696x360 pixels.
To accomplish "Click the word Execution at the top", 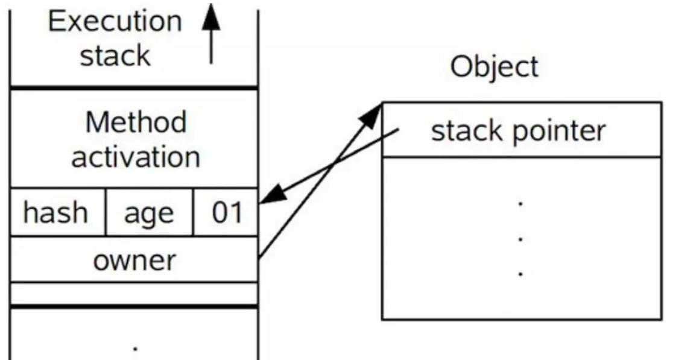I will click(x=115, y=22).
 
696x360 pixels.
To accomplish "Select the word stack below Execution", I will click(x=115, y=56).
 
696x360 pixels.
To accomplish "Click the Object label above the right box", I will click(x=494, y=66).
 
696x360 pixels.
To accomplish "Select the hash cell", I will click(x=55, y=213).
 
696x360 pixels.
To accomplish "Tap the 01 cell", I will click(x=227, y=213).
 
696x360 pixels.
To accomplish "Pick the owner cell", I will click(x=134, y=261).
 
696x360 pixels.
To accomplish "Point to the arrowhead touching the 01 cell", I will click(x=270, y=194).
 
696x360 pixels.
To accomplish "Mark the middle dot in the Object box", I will click(x=520, y=239).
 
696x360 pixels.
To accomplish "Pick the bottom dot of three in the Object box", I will click(x=520, y=273).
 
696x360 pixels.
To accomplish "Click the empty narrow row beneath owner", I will click(x=134, y=294).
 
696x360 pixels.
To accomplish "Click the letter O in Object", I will click(x=461, y=66).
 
